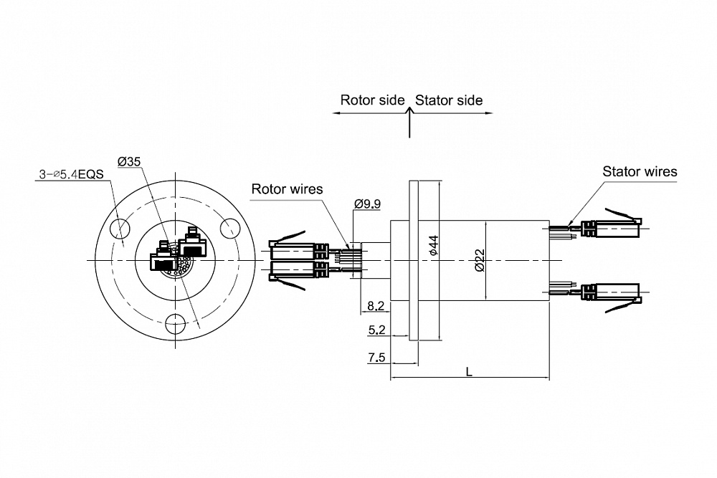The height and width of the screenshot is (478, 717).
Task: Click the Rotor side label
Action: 372,100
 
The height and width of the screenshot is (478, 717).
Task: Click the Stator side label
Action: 449,100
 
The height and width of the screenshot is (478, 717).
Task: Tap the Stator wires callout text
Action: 640,171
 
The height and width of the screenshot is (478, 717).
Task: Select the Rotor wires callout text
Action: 287,189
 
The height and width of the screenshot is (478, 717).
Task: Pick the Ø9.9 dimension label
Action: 367,204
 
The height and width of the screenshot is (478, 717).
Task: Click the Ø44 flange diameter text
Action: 433,244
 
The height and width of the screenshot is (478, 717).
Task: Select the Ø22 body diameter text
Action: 480,259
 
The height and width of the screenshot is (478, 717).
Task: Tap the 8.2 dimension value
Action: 376,306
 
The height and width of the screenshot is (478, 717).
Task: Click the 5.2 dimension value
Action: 376,330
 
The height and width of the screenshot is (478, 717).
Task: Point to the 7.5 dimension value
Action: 376,358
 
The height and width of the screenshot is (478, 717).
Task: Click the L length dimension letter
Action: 469,371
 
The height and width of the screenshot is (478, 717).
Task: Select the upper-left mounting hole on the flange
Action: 120,229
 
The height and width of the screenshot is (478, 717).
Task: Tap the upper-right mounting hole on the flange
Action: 230,229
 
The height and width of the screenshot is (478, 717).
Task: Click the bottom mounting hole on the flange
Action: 175,324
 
